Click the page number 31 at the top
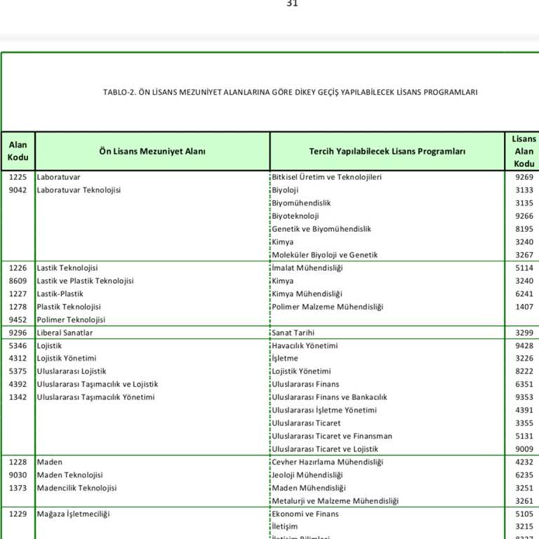pos(292,4)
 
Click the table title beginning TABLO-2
pos(290,92)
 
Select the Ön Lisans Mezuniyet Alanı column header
pos(152,151)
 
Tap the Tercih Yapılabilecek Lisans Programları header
pos(387,151)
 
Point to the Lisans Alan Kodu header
pos(524,151)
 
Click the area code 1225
pos(18,177)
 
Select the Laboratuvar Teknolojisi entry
pos(79,190)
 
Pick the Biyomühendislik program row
pos(301,203)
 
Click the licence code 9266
pos(524,216)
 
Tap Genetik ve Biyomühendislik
pos(321,229)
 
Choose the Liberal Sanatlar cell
pos(65,333)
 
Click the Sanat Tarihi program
pos(293,333)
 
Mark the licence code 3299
pos(524,333)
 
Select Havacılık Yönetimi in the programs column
pos(305,345)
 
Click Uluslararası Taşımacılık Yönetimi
pos(95,397)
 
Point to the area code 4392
pos(18,384)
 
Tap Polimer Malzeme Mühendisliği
pos(328,307)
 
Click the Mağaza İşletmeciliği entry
pos(74,514)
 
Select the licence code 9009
pos(524,449)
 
